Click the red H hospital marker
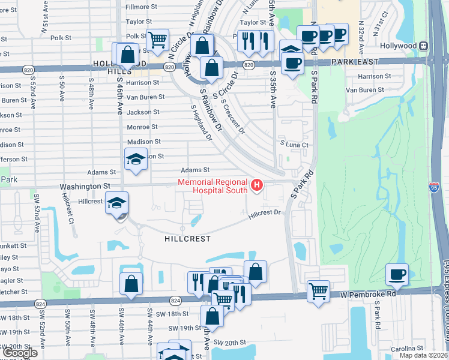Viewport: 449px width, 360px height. (258, 184)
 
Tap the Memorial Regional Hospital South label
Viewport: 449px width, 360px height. (212, 186)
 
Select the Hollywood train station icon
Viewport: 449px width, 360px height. (424, 46)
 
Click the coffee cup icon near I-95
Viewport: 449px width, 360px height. (397, 275)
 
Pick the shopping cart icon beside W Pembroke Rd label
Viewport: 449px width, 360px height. (318, 291)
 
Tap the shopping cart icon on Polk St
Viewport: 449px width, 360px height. (157, 40)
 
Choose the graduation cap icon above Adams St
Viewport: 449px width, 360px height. (136, 160)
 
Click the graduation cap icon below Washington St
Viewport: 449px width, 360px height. (116, 203)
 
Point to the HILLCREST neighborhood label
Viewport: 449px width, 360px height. (188, 239)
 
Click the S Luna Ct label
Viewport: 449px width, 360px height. (294, 145)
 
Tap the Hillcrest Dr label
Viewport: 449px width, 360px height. (265, 213)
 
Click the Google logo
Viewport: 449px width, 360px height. (20, 353)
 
